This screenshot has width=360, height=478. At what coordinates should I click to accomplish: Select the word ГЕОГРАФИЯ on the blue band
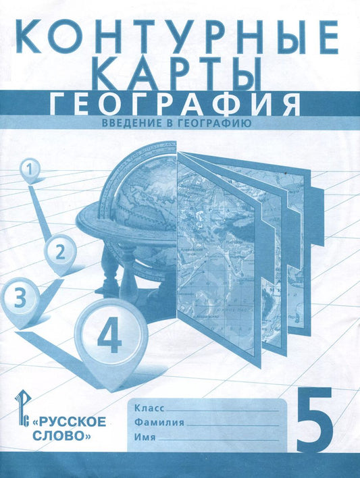[176, 103]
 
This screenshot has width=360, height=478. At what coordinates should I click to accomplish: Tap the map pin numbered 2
[59, 253]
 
